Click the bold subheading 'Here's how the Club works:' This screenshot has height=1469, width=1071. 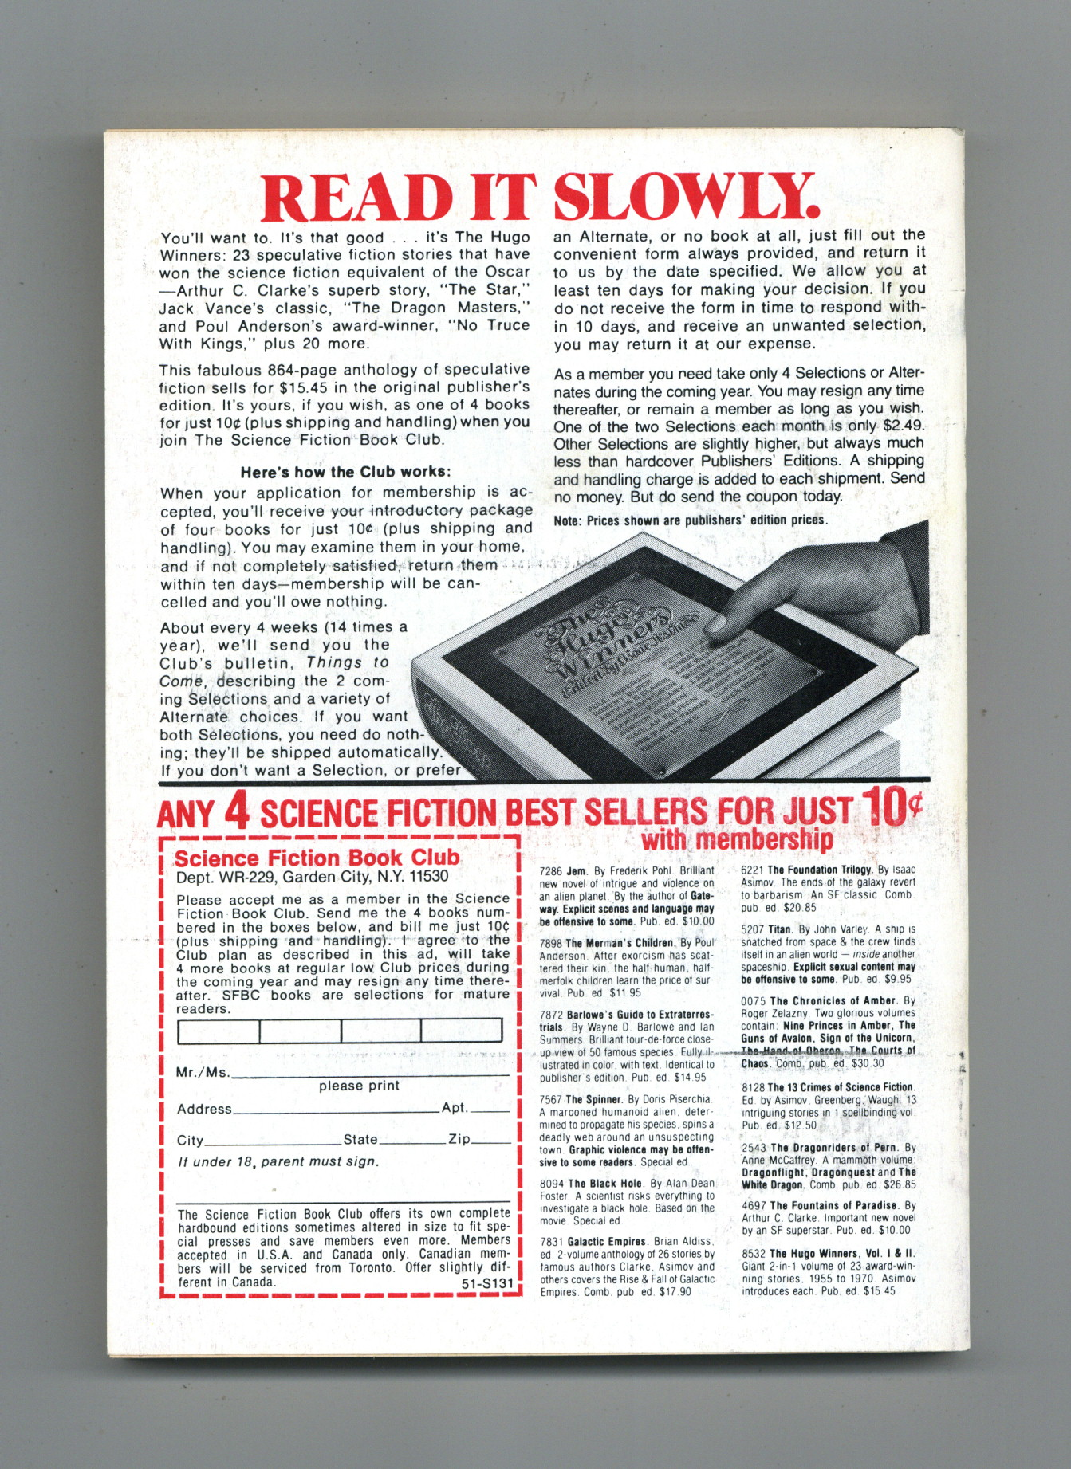(345, 472)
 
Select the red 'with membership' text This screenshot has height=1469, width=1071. (737, 839)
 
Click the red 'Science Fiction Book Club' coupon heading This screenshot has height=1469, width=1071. (317, 858)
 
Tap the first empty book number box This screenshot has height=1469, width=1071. (218, 1031)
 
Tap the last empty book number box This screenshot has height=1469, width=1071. (462, 1031)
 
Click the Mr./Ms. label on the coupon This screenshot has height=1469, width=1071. (202, 1073)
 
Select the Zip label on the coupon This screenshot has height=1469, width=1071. (459, 1139)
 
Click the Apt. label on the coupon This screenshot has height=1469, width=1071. (455, 1108)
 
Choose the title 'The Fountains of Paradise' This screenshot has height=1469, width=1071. (836, 1206)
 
